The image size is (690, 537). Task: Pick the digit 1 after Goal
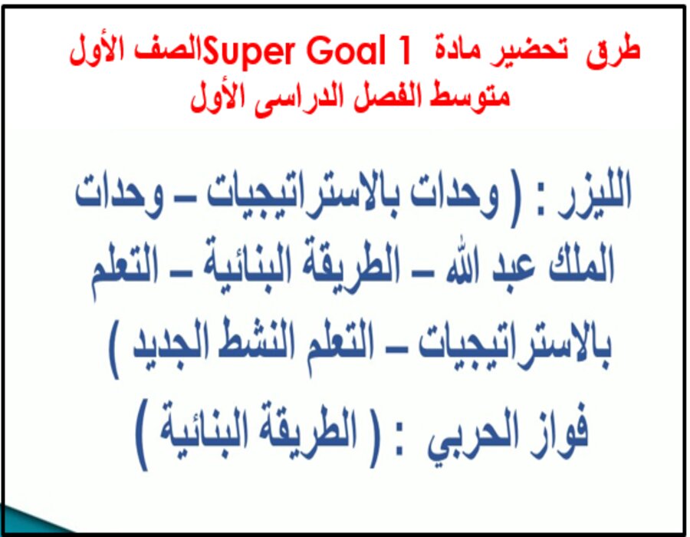click(395, 51)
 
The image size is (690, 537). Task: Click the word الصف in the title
click(165, 51)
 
